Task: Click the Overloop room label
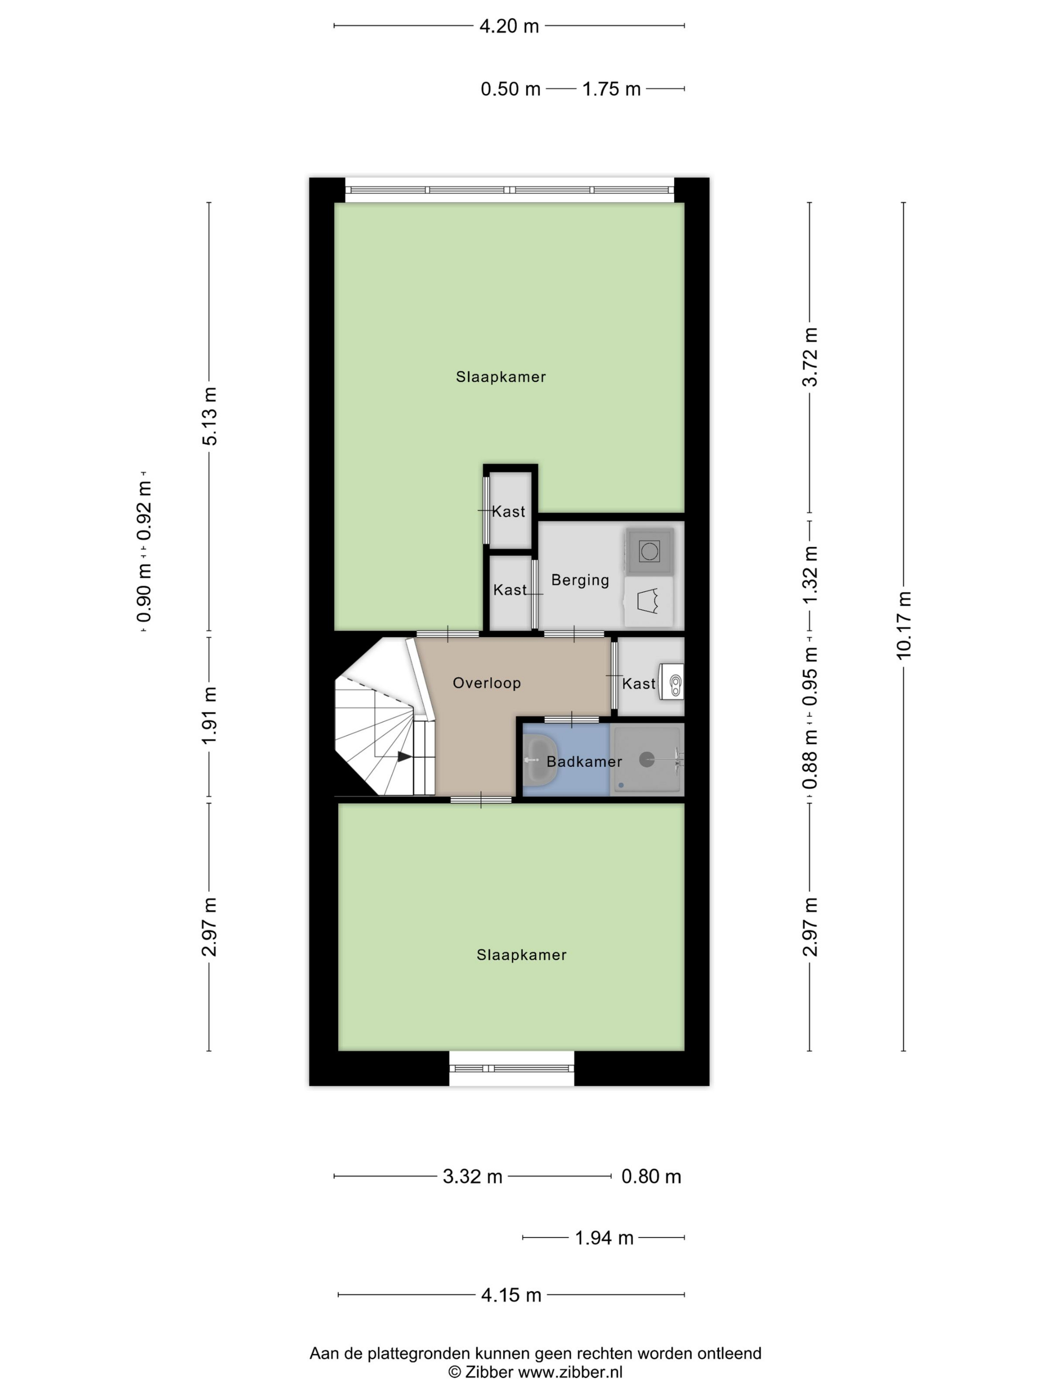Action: click(487, 683)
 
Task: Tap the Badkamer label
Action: click(584, 762)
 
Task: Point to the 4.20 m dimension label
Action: click(510, 26)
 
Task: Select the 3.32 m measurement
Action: click(473, 1176)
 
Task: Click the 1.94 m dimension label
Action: click(604, 1237)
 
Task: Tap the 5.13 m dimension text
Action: click(209, 416)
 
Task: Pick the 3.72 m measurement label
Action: click(810, 357)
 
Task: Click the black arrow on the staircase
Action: click(404, 756)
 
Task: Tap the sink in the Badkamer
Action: click(540, 760)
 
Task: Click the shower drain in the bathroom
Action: click(647, 759)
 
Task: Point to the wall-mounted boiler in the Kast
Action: click(672, 682)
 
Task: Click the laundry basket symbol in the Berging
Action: click(648, 601)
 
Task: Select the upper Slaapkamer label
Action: click(501, 377)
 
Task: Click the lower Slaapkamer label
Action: click(522, 955)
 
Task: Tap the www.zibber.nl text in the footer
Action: click(570, 1372)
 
